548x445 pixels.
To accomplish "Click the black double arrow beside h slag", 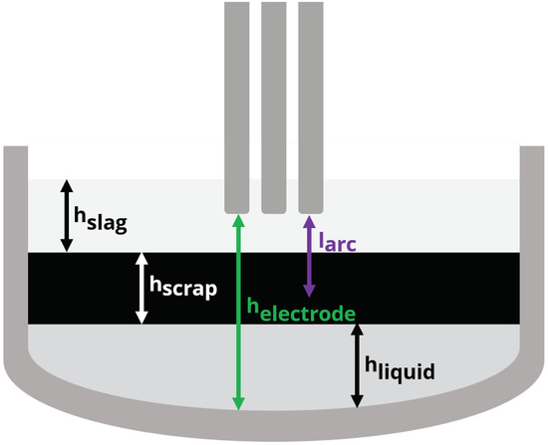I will pyautogui.click(x=67, y=215).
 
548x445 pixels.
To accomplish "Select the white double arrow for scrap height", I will pyautogui.click(x=141, y=287).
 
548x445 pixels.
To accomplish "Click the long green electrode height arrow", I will pyautogui.click(x=237, y=329).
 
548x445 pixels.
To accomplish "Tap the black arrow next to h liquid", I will pyautogui.click(x=356, y=367).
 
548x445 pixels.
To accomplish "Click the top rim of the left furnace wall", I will pyautogui.click(x=15, y=149).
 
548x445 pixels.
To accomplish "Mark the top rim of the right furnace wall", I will pyautogui.click(x=533, y=149).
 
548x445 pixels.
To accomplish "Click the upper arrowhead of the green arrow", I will pyautogui.click(x=237, y=220).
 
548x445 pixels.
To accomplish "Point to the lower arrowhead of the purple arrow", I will pyautogui.click(x=309, y=290).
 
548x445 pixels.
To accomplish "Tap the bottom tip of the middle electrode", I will pyautogui.click(x=274, y=210).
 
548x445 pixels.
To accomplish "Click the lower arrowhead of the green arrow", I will pyautogui.click(x=237, y=402).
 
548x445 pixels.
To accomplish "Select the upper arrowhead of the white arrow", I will pyautogui.click(x=141, y=257).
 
